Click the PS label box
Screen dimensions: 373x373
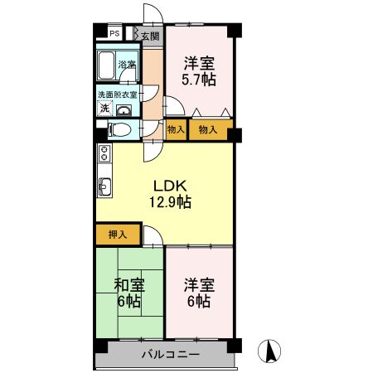114,34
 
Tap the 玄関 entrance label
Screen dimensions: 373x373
149,36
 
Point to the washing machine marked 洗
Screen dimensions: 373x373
104,109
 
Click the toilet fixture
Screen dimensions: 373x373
118,129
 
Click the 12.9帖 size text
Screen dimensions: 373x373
172,201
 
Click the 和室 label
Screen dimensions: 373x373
128,286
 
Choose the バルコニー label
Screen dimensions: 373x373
169,354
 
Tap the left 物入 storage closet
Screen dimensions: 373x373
175,130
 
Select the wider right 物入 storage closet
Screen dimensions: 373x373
207,130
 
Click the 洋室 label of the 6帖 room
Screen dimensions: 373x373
199,286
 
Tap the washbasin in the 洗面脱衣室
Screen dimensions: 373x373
124,109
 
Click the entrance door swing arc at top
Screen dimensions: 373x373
153,13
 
